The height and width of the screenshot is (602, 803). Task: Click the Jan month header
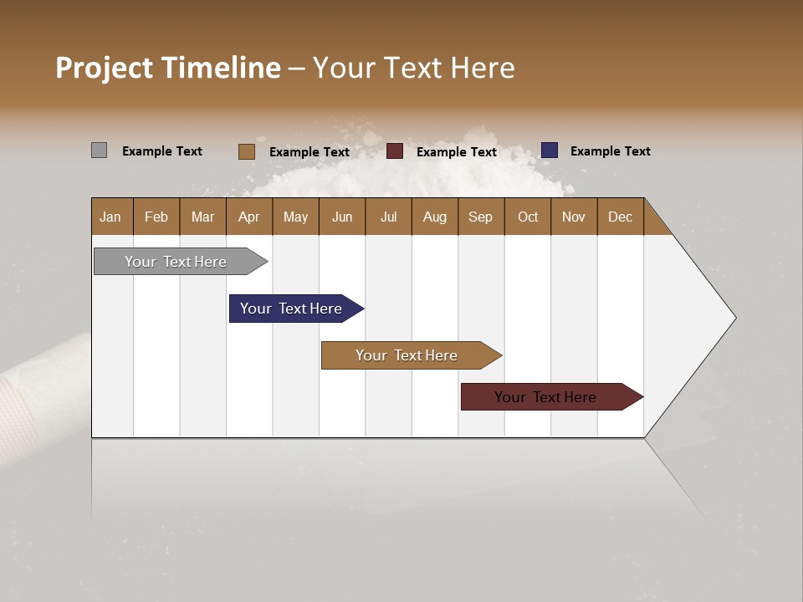111,217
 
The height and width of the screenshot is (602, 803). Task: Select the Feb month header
156,217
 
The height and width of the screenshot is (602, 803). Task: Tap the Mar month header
202,217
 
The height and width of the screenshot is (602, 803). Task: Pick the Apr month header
249,217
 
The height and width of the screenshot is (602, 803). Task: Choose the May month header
295,217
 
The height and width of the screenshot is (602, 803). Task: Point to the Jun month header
342,217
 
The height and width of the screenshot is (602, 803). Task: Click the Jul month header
388,217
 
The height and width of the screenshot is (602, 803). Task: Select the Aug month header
435,217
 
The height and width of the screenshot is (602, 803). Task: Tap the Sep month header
481,217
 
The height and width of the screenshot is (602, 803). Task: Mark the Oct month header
528,217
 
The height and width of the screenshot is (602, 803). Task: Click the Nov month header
574,217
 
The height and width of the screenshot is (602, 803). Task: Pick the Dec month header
620,217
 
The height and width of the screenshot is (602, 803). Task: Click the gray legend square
99,150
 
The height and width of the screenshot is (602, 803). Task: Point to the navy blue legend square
549,150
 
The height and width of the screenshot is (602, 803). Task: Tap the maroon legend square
395,151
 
